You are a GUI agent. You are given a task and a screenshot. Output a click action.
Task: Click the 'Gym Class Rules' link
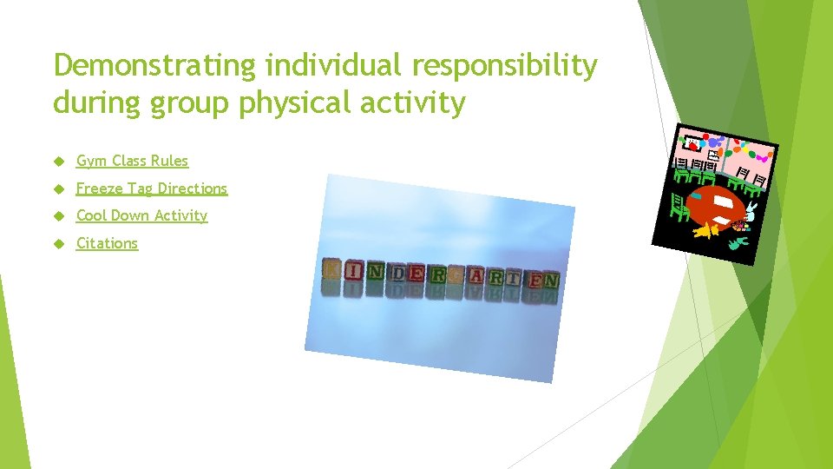pyautogui.click(x=132, y=161)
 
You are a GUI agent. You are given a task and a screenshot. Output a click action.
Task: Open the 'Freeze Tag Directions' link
pyautogui.click(x=151, y=188)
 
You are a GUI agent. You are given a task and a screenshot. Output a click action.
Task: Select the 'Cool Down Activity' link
pyautogui.click(x=141, y=215)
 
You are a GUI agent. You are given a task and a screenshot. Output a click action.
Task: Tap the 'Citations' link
pyautogui.click(x=107, y=243)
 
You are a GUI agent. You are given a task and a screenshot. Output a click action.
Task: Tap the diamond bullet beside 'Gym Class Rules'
pyautogui.click(x=59, y=162)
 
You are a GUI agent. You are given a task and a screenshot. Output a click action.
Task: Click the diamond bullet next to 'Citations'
pyautogui.click(x=59, y=244)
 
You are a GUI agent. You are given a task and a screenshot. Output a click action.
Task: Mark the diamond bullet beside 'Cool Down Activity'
pyautogui.click(x=59, y=216)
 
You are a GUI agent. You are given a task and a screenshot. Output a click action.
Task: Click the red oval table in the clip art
pyautogui.click(x=716, y=205)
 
